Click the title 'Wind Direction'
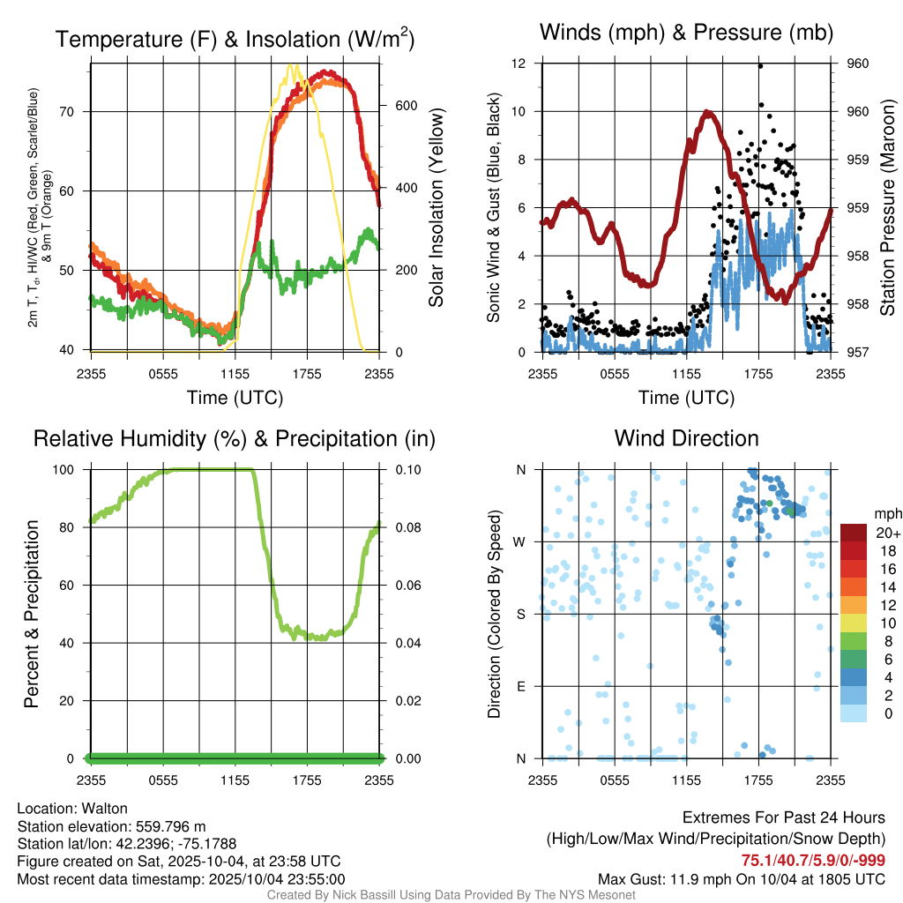pos(686,438)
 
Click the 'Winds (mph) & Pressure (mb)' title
pos(686,33)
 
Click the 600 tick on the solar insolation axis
pos(394,106)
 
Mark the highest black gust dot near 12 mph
pos(760,66)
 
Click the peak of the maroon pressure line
pos(707,113)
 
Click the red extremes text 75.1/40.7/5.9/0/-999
pos(813,861)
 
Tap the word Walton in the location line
pos(105,808)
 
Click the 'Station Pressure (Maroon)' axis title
pos(887,208)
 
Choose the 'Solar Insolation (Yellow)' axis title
pos(436,208)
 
